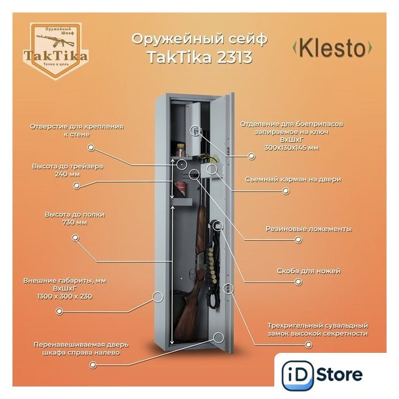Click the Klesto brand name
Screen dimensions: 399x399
click(332, 48)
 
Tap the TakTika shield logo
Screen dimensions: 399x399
click(56, 51)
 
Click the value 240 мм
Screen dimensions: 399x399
click(67, 175)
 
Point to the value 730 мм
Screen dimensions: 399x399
click(75, 223)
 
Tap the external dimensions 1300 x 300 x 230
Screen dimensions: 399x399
click(65, 297)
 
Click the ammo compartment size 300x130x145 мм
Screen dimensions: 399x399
click(292, 148)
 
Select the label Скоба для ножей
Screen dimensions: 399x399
click(309, 271)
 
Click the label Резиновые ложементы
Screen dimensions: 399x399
click(309, 229)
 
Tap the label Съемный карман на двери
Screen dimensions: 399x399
click(293, 180)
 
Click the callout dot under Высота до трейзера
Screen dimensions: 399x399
click(76, 186)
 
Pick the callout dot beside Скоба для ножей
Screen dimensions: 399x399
click(298, 282)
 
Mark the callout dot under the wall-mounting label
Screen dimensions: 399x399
click(91, 148)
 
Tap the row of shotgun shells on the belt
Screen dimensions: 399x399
click(213, 265)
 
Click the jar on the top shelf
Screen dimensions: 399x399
click(181, 150)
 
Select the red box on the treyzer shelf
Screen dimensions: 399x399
click(181, 189)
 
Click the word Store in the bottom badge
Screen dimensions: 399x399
click(340, 375)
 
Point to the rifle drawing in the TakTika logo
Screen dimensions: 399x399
click(55, 41)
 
